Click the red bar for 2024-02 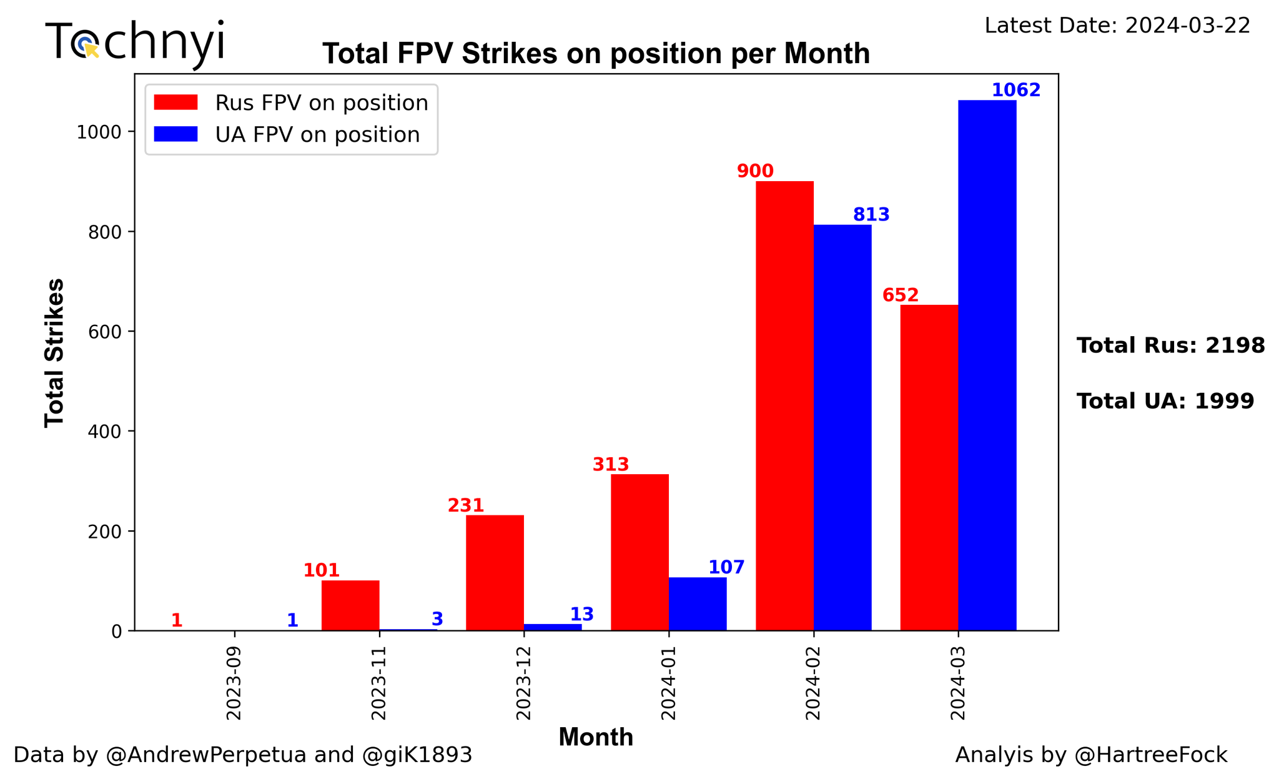point(784,406)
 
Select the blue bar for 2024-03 point(987,365)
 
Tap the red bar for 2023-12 point(495,573)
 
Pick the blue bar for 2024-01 point(698,603)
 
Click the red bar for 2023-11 point(350,605)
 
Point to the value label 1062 point(1016,91)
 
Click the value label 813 point(871,215)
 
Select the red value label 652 point(900,295)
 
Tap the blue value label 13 point(581,615)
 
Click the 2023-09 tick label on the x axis point(234,684)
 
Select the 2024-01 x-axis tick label point(669,684)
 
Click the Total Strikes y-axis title point(55,353)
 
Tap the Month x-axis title point(596,738)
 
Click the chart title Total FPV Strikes point(596,54)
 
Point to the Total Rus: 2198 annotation point(1171,345)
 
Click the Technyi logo point(135,42)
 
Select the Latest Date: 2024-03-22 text point(1117,26)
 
